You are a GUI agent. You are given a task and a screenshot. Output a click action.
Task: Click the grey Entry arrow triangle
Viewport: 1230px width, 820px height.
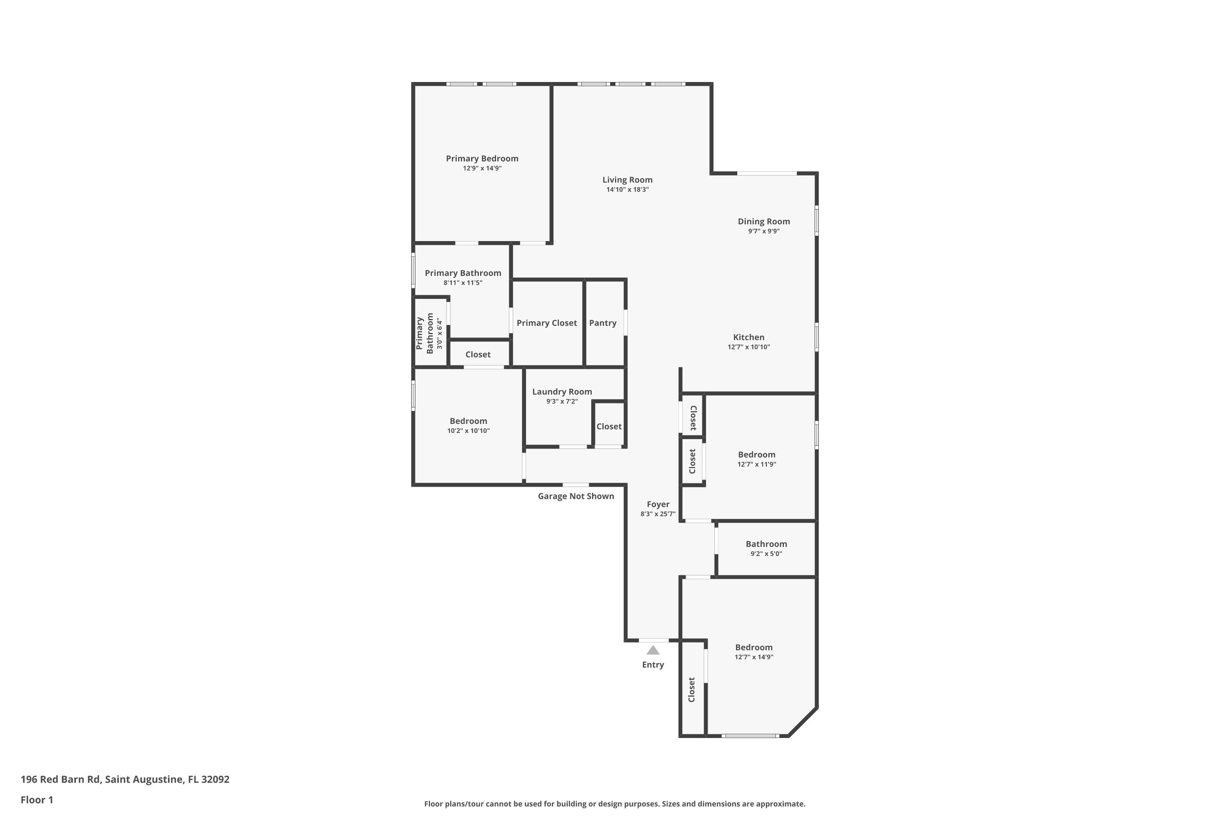point(653,650)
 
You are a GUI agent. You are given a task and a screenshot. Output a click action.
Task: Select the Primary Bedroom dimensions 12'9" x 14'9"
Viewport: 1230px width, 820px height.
point(482,169)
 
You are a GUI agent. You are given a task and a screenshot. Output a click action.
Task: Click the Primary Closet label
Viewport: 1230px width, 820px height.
point(547,323)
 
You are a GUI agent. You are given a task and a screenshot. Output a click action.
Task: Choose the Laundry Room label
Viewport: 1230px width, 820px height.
point(562,392)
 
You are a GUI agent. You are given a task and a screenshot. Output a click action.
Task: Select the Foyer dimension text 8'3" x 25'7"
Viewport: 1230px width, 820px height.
point(658,514)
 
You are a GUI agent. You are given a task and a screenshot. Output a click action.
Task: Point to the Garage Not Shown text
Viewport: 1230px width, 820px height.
point(576,496)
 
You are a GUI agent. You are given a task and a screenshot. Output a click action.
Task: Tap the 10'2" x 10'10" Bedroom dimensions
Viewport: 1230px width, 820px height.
point(468,431)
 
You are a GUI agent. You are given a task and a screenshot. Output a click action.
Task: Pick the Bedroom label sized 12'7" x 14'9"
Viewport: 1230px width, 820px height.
point(754,647)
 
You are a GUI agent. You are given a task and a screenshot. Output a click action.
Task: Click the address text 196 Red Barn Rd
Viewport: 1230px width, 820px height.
point(60,779)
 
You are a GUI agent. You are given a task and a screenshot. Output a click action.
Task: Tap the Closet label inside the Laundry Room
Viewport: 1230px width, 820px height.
point(609,427)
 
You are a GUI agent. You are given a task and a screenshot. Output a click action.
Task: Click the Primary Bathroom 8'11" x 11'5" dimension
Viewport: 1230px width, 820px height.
point(463,283)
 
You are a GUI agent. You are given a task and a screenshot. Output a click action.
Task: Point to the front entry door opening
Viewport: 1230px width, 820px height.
point(653,640)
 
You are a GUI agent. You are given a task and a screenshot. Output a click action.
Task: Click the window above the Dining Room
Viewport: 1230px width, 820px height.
point(767,173)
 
